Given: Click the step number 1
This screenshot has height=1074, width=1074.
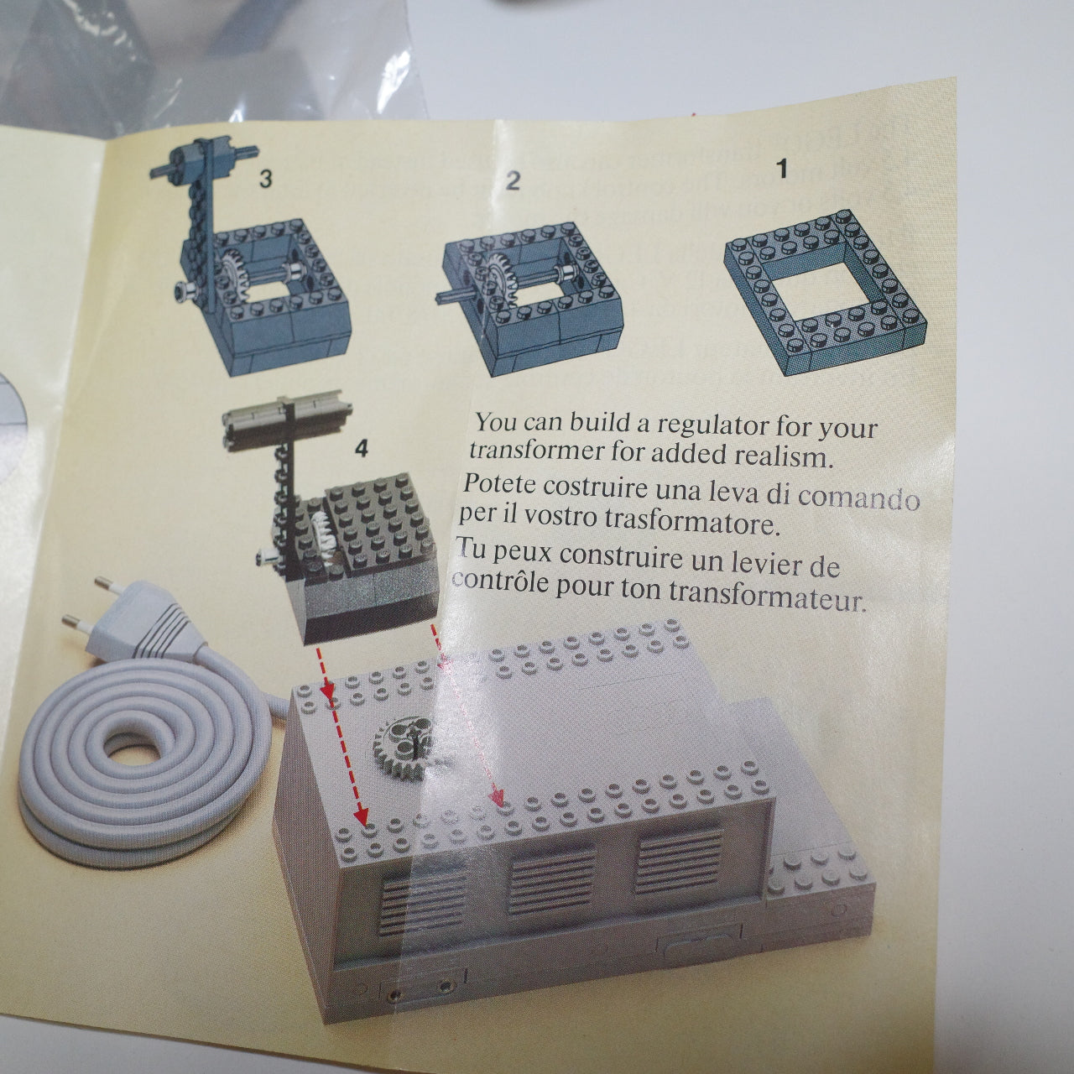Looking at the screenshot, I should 782,169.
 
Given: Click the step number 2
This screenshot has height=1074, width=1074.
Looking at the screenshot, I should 514,180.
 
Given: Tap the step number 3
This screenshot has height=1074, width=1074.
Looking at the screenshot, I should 265,178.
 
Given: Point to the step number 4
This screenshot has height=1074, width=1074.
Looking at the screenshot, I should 361,449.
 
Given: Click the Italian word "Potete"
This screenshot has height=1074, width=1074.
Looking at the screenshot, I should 500,484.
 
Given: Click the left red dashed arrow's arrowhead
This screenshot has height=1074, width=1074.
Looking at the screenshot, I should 362,813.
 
